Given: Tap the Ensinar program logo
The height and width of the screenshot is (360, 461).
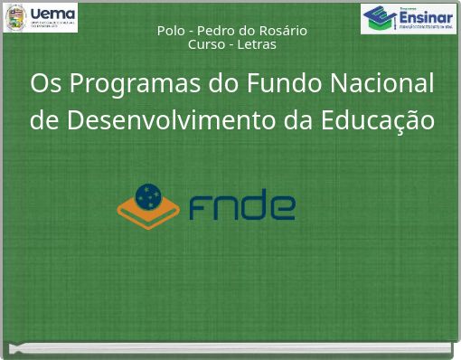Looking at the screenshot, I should (x=409, y=18).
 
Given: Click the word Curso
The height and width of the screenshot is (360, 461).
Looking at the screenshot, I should (x=206, y=44).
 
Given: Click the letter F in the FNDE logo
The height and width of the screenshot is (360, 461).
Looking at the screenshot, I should (x=201, y=206).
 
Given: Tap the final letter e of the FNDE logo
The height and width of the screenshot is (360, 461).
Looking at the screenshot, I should (x=282, y=207).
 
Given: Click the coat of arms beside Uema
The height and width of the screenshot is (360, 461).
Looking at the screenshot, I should (x=15, y=17).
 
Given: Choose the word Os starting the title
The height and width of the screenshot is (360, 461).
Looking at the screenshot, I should (x=45, y=83).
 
